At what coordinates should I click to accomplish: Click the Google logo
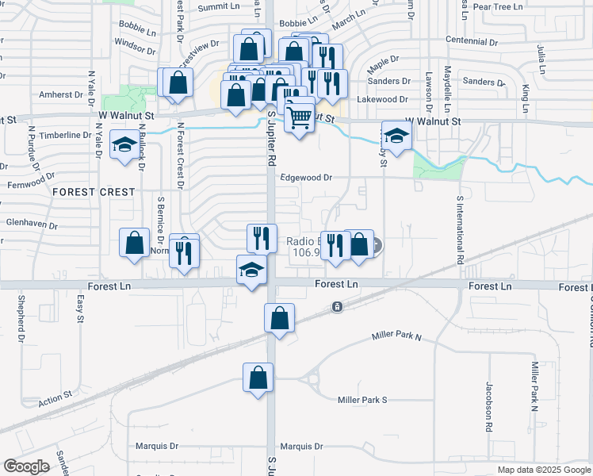coord(27,466)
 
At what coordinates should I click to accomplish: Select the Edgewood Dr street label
coord(305,178)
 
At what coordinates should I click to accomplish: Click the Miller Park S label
coord(362,400)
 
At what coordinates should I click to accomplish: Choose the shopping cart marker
coord(300,118)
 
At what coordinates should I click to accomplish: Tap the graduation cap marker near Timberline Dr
coord(125,146)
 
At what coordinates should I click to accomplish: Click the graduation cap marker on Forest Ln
coord(252,270)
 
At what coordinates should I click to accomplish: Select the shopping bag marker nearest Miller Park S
coord(258,378)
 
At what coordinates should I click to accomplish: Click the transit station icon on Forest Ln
coord(338,306)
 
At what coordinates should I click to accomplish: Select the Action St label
coord(55,397)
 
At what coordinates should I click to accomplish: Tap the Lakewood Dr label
coord(382,100)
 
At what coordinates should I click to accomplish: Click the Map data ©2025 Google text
coord(543,470)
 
